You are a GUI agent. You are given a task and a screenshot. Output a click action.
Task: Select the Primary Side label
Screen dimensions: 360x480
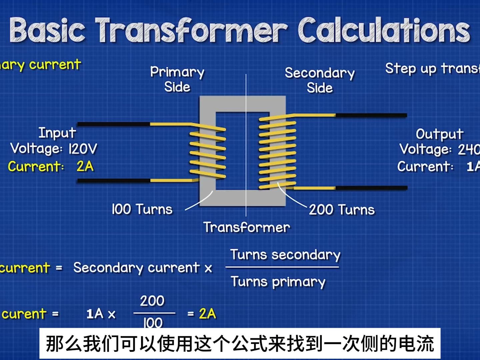tap(177, 79)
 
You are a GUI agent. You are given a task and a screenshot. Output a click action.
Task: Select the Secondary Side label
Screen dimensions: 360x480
tap(320, 80)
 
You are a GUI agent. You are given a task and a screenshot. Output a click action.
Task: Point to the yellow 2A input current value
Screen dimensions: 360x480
tap(85, 166)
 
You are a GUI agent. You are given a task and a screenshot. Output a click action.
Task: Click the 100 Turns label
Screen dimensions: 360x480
tap(142, 209)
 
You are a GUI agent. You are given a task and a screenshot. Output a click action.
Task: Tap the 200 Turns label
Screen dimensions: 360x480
tap(342, 210)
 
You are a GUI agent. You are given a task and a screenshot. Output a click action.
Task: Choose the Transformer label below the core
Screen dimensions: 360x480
tap(247, 227)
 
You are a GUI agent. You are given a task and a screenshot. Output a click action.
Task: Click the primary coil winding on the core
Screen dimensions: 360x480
tap(208, 152)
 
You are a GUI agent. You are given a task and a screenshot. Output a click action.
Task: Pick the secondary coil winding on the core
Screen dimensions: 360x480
tap(277, 152)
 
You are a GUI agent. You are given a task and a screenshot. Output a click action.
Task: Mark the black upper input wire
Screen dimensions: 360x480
tap(113, 124)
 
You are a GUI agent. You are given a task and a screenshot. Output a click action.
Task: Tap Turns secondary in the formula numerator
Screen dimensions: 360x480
tap(285, 255)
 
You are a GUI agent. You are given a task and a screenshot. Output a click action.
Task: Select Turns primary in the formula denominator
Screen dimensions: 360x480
tap(278, 282)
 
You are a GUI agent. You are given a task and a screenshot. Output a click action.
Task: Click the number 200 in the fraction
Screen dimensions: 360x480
tap(152, 301)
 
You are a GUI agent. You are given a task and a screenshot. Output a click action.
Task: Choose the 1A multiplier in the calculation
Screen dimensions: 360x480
tap(95, 314)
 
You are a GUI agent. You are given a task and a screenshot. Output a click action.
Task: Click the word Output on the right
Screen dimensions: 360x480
tap(439, 134)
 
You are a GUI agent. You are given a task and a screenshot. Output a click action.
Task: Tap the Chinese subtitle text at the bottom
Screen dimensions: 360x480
tap(240, 344)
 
